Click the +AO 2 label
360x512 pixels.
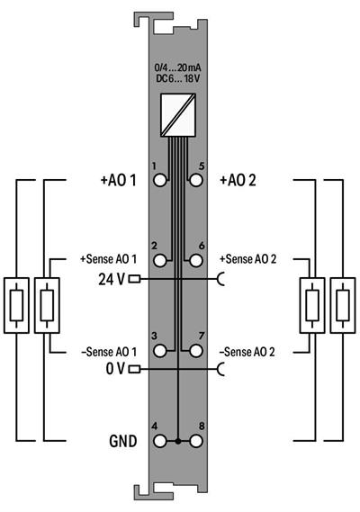tap(238, 180)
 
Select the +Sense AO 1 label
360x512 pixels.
tap(104, 258)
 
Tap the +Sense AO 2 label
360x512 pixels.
tap(247, 258)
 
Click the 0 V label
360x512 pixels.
tap(115, 368)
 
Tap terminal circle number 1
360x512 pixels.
tap(160, 180)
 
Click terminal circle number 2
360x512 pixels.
tap(160, 260)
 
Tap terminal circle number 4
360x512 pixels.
tap(160, 442)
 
